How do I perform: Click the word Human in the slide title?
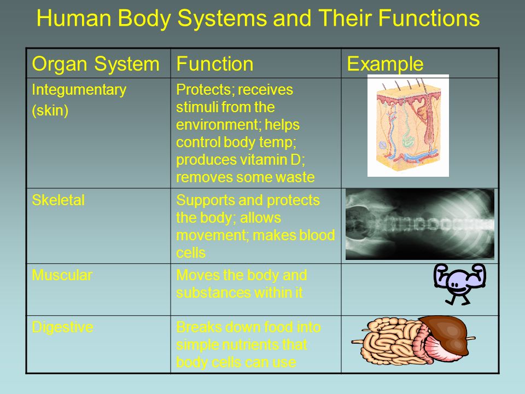pos(74,18)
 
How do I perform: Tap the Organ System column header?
pos(95,63)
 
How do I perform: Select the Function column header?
pos(214,63)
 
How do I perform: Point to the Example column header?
pos(385,63)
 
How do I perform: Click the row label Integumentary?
pos(79,90)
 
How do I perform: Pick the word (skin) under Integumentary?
pos(50,111)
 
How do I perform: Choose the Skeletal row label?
pos(59,200)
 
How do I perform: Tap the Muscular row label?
pos(62,275)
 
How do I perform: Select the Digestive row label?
pos(62,327)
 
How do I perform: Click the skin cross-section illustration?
pos(408,125)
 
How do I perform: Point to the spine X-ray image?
pos(420,224)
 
